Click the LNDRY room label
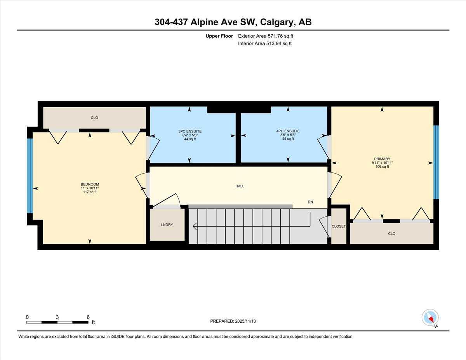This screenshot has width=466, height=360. (x=167, y=225)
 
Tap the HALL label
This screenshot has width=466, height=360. (x=240, y=186)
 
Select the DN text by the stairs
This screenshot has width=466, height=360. (x=310, y=202)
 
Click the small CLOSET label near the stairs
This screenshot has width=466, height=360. (x=338, y=226)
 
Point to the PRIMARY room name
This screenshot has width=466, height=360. (x=382, y=159)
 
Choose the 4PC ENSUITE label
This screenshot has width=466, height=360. (x=288, y=131)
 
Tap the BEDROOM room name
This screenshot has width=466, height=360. (x=90, y=184)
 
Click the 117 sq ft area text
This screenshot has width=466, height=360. (x=90, y=192)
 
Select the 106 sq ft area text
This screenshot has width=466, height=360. (x=382, y=167)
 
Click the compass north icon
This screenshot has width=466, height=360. (x=430, y=317)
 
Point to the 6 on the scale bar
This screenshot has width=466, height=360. (x=88, y=317)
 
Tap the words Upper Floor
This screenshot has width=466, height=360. (x=219, y=36)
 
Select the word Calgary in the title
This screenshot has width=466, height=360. (x=277, y=22)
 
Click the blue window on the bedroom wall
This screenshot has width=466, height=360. (x=30, y=175)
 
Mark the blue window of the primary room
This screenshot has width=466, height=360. (x=436, y=162)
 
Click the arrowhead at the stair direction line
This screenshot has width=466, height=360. (x=195, y=226)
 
